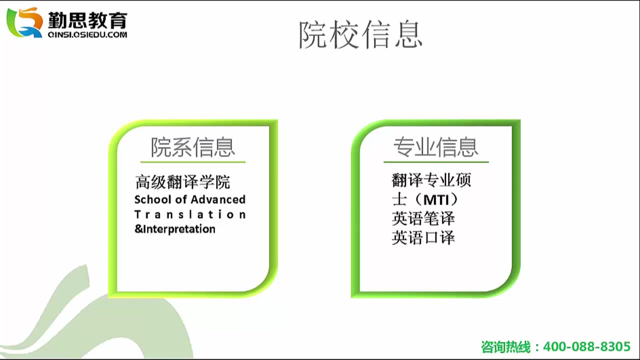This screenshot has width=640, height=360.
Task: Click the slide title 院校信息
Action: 360,34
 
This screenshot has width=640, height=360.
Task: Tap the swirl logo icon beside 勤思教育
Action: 24,22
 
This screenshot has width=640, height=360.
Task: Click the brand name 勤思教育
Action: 87,20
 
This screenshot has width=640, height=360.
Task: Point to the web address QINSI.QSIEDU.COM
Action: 87,35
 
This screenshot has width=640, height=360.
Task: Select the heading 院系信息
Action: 193,147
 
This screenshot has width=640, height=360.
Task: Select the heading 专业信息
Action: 436,147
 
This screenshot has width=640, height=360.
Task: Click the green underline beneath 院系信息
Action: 193,162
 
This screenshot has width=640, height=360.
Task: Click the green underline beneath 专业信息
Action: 436,162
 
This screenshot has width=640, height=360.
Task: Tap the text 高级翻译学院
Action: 182,182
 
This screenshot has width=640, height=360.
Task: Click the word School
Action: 153,199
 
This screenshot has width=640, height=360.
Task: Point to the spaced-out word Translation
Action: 190,214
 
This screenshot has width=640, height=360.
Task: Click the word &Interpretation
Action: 175,229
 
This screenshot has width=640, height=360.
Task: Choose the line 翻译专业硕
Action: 431,180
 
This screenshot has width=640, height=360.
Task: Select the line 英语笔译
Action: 423,218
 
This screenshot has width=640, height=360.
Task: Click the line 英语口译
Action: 423,237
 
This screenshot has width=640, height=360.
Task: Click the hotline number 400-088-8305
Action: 586,346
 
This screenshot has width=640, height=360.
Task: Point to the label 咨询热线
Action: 506,347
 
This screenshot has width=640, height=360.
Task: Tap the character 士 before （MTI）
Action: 399,199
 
